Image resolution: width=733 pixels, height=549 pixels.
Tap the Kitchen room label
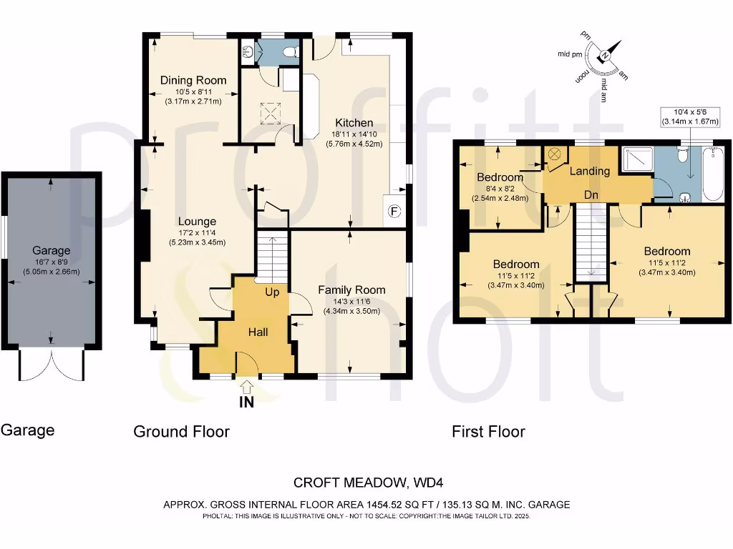tap(356, 122)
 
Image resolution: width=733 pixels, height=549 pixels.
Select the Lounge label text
tap(197, 222)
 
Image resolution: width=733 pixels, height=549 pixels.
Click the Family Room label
tap(351, 290)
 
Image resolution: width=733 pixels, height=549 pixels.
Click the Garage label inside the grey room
tap(51, 250)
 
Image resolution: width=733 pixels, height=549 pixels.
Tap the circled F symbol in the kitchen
tap(393, 211)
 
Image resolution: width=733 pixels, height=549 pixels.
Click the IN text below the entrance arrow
tap(247, 402)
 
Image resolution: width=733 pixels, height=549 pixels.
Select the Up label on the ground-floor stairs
tap(273, 292)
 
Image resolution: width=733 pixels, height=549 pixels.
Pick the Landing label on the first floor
tap(589, 171)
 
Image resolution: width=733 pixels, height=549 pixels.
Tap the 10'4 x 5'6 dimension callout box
tap(690, 117)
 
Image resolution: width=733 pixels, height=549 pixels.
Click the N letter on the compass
tap(606, 55)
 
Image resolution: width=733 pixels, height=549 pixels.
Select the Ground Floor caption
tap(181, 432)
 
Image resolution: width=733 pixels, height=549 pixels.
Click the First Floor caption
tap(488, 432)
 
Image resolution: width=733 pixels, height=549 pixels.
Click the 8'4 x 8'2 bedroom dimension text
tap(500, 189)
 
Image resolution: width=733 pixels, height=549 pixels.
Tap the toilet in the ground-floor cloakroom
tap(291, 51)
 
